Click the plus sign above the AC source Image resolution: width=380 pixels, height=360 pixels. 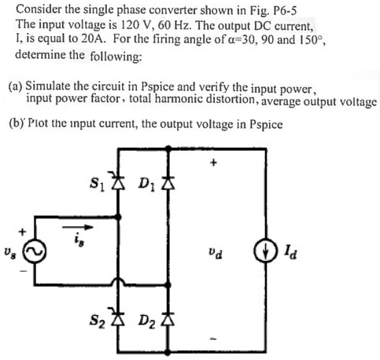[23, 231]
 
